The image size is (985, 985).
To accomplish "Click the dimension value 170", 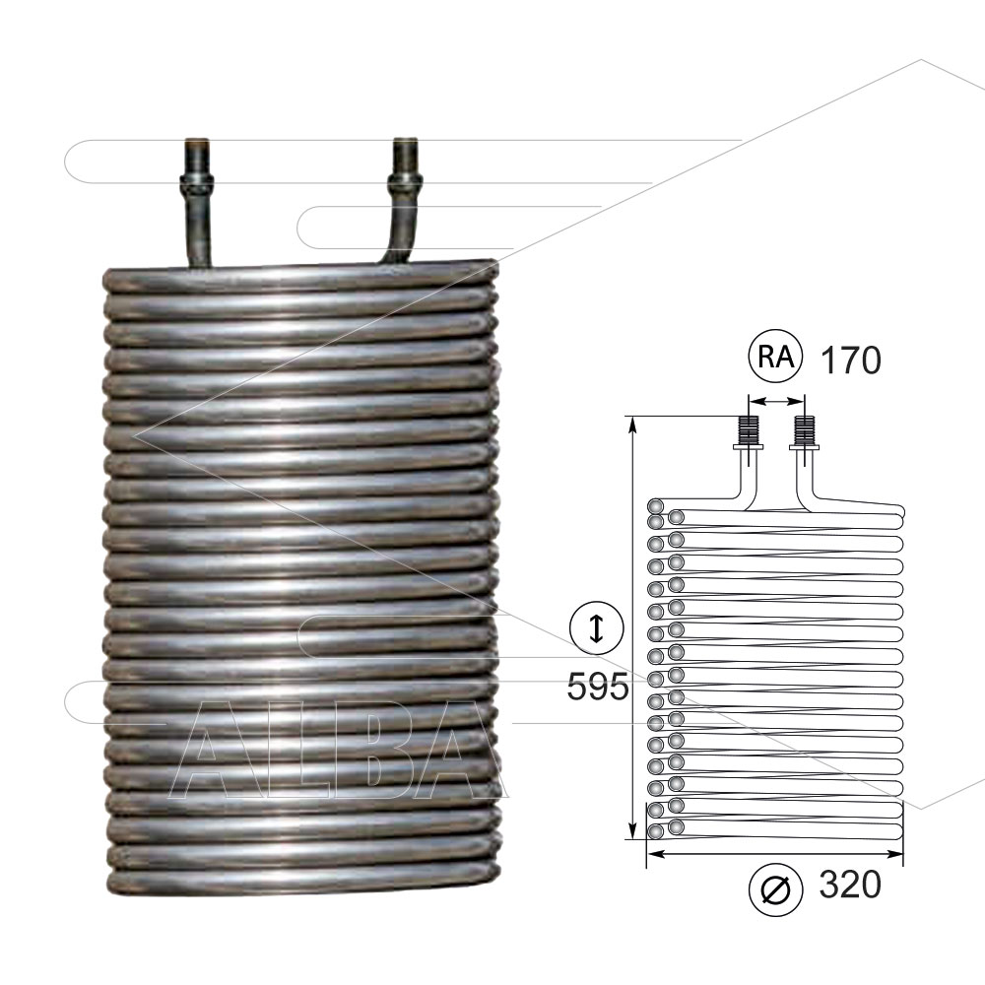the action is pyautogui.click(x=851, y=360).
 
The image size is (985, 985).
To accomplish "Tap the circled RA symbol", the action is pyautogui.click(x=776, y=357).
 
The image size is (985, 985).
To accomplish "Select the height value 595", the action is pyautogui.click(x=598, y=686).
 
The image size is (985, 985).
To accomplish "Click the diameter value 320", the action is pyautogui.click(x=850, y=885).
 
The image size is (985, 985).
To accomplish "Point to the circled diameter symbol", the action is pyautogui.click(x=776, y=889).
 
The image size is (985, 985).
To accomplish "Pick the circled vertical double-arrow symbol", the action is pyautogui.click(x=596, y=627).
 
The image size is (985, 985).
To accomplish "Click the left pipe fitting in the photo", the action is pyautogui.click(x=197, y=202).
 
